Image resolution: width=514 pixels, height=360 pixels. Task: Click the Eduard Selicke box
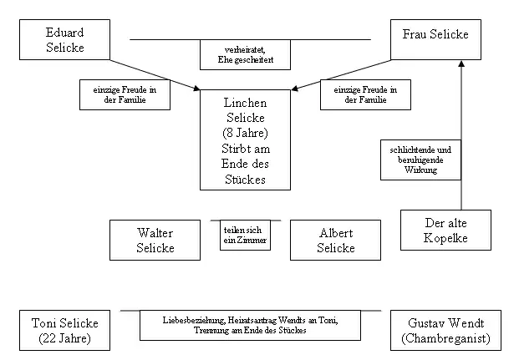click(64, 40)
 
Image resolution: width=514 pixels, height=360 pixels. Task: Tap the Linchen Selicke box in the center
click(245, 139)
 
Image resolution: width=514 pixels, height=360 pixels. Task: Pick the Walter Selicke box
click(155, 240)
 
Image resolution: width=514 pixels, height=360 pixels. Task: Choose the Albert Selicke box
click(334, 240)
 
